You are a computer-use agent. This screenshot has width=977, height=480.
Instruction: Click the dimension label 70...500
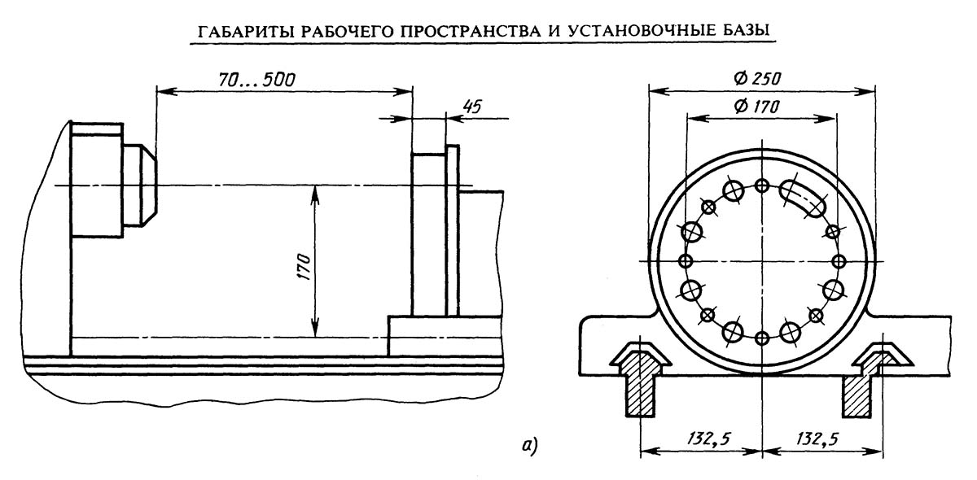coord(256,80)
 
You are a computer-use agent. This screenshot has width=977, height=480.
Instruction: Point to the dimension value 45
coord(472,107)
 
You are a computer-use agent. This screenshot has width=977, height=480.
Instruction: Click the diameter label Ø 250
coord(757,79)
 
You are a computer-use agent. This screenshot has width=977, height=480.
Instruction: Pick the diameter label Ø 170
coord(756,107)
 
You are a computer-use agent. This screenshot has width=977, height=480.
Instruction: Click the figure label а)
coord(530,445)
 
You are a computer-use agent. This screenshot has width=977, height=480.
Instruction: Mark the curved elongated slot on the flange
coord(803,198)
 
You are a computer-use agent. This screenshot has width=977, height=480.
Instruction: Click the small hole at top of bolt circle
coord(762,186)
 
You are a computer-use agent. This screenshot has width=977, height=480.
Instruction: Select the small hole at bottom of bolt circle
coord(762,338)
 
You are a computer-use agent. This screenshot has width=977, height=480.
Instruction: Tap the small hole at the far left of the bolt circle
coord(686,262)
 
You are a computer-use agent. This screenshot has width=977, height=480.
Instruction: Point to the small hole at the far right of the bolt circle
coord(839,262)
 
